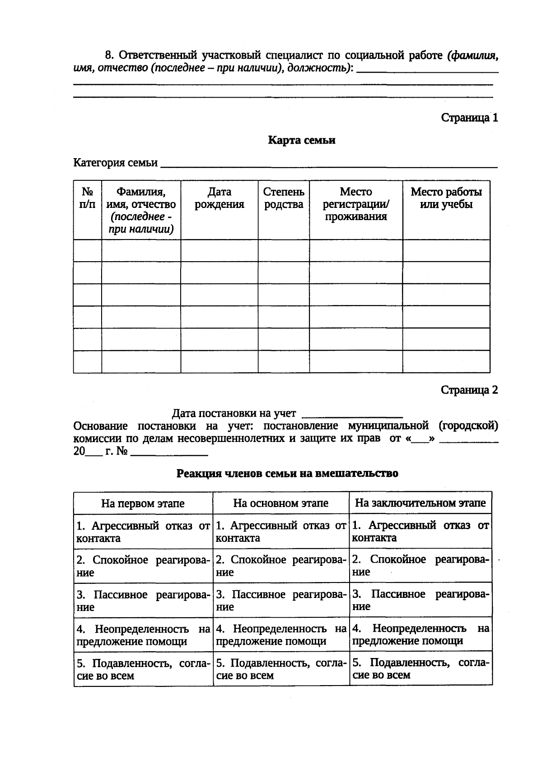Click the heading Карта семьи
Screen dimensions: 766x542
pos(301,140)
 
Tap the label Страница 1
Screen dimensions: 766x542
pos(469,118)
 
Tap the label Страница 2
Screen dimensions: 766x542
pos(469,390)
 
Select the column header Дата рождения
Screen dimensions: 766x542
pos(219,198)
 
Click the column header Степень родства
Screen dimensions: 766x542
pos(284,198)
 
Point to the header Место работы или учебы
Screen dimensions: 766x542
pos(446,198)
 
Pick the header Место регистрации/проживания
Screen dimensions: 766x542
pos(355,204)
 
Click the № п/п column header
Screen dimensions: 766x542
pos(87,198)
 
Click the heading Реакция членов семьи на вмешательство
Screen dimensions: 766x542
pos(287,474)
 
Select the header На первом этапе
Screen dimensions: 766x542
pos(143,503)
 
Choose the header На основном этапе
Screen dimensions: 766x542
pos(280,503)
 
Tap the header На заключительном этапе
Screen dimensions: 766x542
pos(420,503)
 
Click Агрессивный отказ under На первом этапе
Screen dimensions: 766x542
pos(143,532)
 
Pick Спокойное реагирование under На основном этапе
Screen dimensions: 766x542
pos(280,566)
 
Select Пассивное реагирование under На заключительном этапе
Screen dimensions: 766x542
pos(420,600)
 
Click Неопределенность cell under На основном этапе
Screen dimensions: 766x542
pos(280,634)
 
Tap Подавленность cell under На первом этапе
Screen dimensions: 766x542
pos(143,669)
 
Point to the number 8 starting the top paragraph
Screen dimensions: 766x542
pos(108,56)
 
